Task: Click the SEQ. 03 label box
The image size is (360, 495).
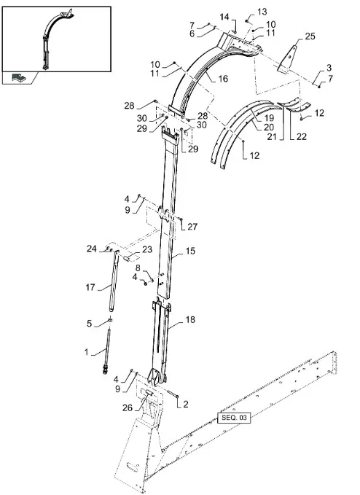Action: (234, 418)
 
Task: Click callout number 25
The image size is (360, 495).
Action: (310, 36)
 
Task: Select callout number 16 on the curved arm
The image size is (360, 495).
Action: (223, 79)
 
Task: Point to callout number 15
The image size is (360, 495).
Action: (190, 251)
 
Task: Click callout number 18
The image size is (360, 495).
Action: (190, 319)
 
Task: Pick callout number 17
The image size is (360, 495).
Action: (90, 287)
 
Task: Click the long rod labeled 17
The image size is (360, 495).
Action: (114, 281)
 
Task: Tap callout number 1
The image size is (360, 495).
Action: (87, 351)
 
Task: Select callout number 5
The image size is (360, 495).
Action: (90, 324)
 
